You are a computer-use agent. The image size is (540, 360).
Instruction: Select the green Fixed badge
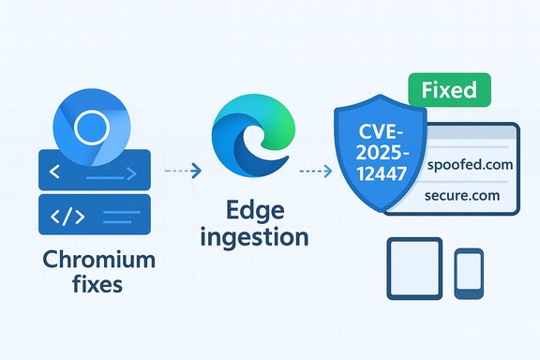(x=448, y=91)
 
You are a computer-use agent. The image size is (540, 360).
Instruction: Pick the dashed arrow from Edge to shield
(x=313, y=171)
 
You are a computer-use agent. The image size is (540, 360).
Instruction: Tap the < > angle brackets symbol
(x=54, y=172)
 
